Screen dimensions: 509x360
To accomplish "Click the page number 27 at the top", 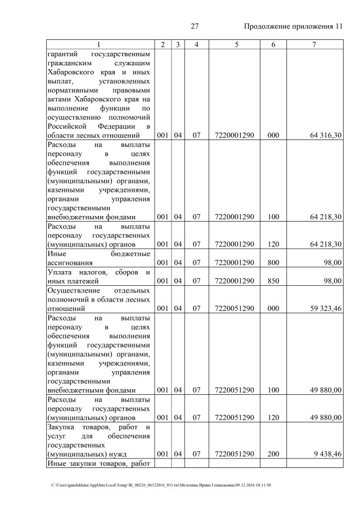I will click(195, 26).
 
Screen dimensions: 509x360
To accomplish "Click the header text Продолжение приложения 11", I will click(293, 26).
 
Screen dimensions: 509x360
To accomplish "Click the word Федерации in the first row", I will click(115, 125).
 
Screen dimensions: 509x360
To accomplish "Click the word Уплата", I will click(60, 272).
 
